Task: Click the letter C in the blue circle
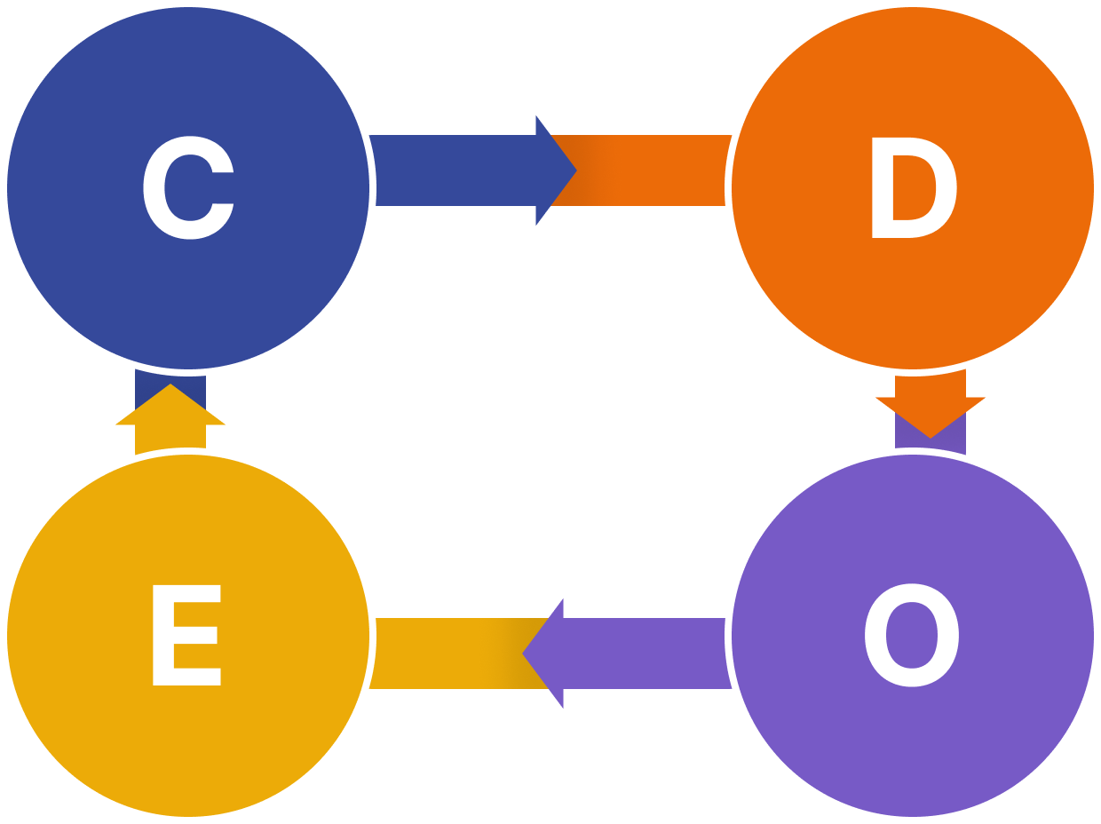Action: click(188, 188)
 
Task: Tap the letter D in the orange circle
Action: click(913, 188)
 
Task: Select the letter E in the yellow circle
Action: click(186, 635)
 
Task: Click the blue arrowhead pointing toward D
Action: click(554, 170)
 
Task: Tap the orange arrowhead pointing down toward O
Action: click(931, 414)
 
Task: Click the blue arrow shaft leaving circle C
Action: click(453, 170)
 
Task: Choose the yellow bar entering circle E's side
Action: click(444, 654)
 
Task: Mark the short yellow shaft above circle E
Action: click(170, 439)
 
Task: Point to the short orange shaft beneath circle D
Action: click(931, 384)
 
